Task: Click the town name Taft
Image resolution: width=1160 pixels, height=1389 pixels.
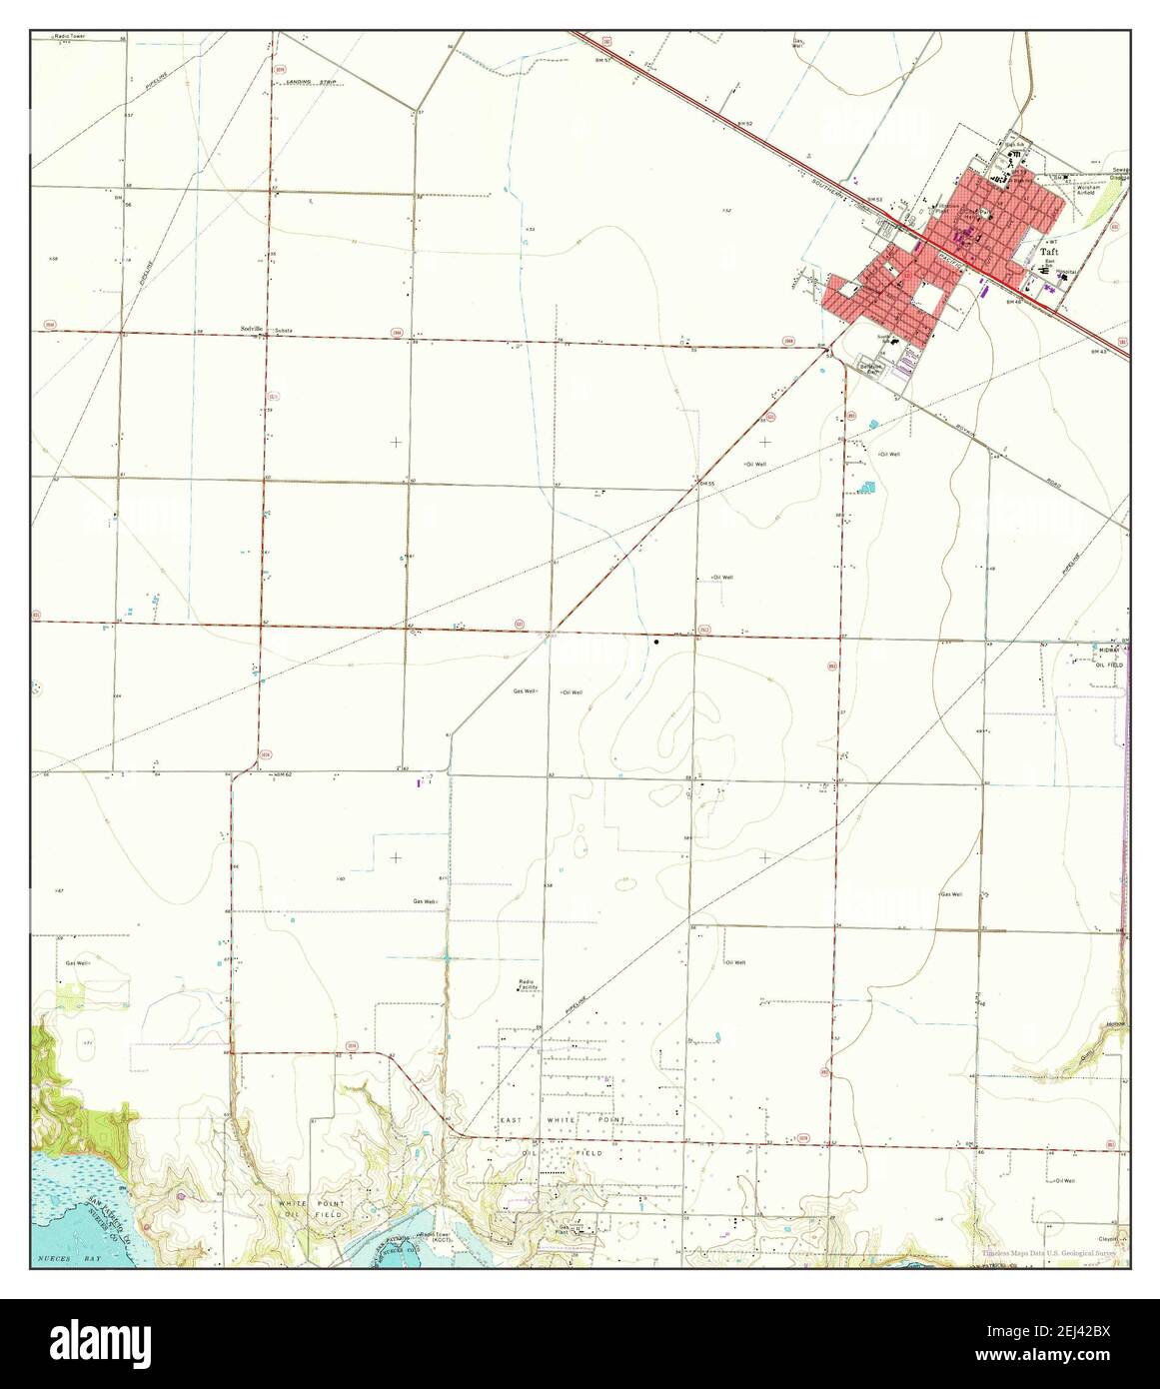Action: (1050, 254)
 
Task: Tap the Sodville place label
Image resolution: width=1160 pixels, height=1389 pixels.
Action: (252, 329)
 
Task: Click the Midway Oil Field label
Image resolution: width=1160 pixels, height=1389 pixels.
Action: (1110, 657)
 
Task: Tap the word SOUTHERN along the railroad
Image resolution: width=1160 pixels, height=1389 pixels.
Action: (825, 179)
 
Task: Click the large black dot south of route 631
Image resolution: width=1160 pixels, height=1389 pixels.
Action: (656, 642)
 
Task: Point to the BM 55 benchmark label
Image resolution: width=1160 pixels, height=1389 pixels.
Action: (708, 484)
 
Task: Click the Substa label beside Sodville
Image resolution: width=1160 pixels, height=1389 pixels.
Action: (283, 330)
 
